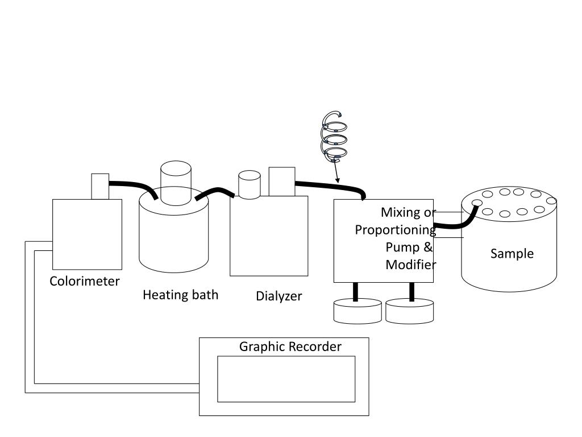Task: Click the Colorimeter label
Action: tap(85, 281)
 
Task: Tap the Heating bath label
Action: tap(180, 295)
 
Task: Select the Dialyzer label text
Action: tap(278, 296)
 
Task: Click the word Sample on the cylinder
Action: tap(512, 254)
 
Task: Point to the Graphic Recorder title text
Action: tap(290, 347)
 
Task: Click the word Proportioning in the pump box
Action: tap(395, 230)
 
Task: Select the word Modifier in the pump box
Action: tap(410, 265)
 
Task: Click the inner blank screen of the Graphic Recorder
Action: tap(286, 379)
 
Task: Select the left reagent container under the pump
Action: tap(357, 312)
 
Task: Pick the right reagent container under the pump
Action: tap(409, 312)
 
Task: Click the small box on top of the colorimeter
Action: tap(100, 186)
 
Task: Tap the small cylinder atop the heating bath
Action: tap(177, 182)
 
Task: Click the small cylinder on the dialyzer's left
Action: tap(248, 184)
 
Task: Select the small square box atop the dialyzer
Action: tap(281, 181)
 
